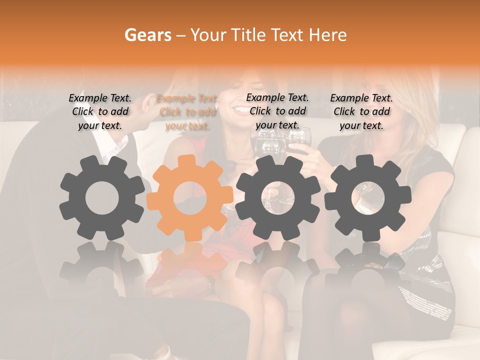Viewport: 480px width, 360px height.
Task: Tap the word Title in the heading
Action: pos(250,35)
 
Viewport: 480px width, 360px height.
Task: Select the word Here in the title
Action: pos(329,35)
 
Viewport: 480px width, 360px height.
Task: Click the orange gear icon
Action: pos(190,198)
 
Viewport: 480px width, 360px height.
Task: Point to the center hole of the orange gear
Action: pos(190,198)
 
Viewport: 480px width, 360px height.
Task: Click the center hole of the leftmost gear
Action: pos(102,198)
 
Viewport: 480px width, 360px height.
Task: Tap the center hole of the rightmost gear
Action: pos(368,198)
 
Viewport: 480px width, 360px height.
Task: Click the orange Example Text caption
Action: pos(187,112)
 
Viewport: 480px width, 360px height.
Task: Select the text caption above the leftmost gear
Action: pos(100,112)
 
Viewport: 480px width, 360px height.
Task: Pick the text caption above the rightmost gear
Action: pos(361,112)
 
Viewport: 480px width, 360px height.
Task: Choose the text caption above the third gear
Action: pos(277,111)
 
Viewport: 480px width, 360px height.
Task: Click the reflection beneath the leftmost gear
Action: pos(102,265)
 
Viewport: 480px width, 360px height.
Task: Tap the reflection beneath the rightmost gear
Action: pos(368,265)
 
